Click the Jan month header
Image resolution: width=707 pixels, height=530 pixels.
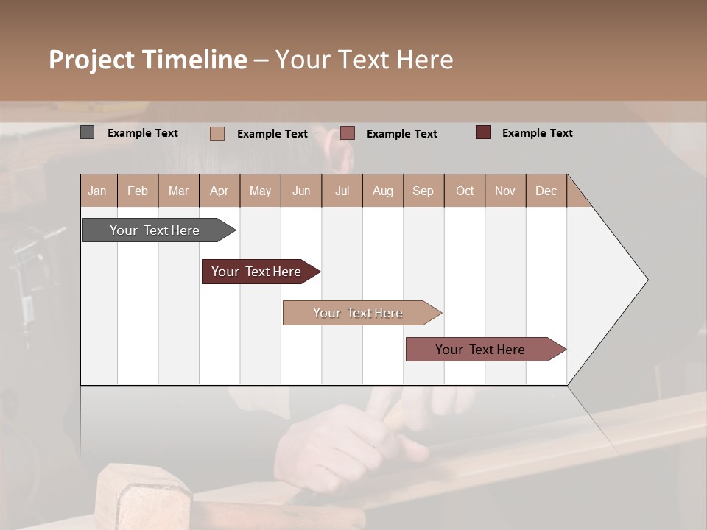(97, 191)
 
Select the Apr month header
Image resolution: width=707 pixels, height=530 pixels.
(219, 191)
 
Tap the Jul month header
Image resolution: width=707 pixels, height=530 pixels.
(342, 191)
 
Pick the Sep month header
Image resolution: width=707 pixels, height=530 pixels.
(423, 191)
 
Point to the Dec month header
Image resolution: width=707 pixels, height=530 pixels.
(546, 191)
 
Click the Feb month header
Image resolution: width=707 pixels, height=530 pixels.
(138, 191)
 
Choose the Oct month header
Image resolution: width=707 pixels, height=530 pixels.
(465, 191)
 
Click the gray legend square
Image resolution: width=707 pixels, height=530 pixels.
(88, 132)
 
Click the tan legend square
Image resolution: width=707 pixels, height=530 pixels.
(217, 133)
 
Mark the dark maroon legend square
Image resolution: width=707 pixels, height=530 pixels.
(484, 132)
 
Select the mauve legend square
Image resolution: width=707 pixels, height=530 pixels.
(348, 133)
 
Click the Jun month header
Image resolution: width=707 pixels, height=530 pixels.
(301, 191)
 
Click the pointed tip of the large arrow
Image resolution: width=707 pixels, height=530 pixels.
(645, 280)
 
